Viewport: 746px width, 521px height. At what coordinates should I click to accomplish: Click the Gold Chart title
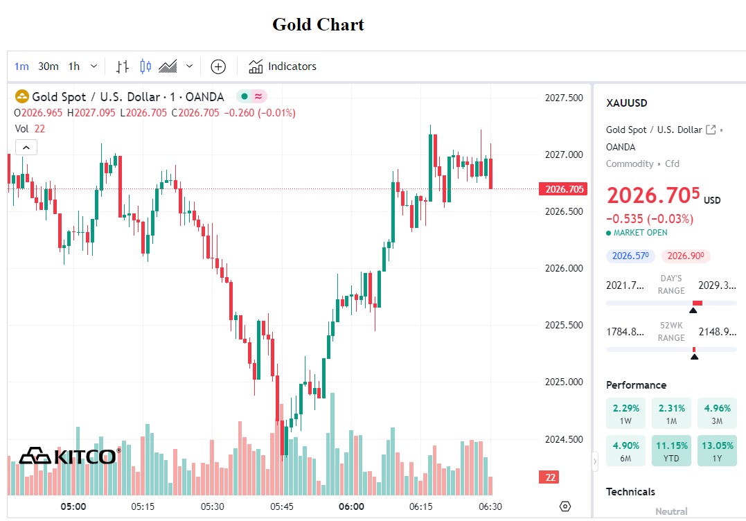(x=318, y=25)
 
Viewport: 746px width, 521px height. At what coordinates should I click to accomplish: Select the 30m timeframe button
(x=48, y=67)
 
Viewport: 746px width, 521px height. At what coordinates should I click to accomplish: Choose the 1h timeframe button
(x=74, y=67)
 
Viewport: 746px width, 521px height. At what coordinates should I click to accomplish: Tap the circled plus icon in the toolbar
(x=218, y=67)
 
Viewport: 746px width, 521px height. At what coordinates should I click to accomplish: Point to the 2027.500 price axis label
(x=563, y=98)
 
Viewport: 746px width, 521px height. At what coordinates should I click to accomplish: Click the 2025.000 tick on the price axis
(x=563, y=382)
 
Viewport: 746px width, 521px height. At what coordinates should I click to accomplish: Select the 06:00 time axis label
(x=351, y=506)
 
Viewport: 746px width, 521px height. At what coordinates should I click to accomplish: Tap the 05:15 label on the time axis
(x=143, y=506)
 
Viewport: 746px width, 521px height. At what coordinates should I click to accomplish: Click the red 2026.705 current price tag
(x=564, y=189)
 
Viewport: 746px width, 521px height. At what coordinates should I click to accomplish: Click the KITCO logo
(x=69, y=456)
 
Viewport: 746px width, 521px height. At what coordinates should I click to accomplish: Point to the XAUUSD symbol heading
(x=626, y=103)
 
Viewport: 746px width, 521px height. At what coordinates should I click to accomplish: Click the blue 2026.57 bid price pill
(x=630, y=256)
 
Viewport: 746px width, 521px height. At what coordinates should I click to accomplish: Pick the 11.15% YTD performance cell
(x=671, y=451)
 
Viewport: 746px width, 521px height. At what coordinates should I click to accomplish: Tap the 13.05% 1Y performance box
(x=717, y=451)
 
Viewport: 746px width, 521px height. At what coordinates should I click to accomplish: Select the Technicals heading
(x=630, y=492)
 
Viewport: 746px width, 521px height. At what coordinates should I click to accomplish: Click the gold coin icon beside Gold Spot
(x=22, y=97)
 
